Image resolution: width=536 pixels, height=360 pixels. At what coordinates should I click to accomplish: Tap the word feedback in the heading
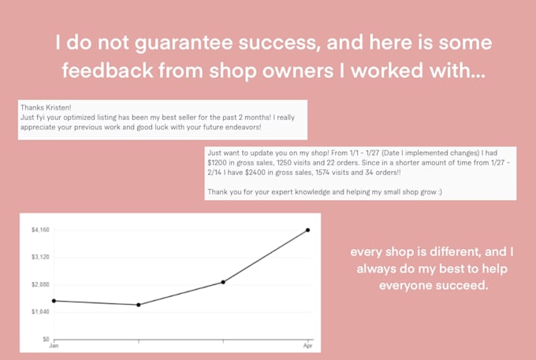pos(107,70)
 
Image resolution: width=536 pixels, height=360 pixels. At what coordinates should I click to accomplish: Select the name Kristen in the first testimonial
pos(58,108)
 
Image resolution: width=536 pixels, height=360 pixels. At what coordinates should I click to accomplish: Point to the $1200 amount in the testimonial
pos(217,162)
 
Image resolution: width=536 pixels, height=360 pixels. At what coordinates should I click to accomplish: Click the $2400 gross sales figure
pos(255,173)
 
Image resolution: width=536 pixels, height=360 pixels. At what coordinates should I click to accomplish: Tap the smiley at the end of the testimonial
pos(439,192)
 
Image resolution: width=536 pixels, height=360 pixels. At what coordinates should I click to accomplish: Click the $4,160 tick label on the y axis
pos(40,230)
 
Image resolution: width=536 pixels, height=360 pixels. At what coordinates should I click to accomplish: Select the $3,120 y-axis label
pos(40,257)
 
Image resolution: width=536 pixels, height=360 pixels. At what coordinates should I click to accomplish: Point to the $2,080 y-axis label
pos(40,284)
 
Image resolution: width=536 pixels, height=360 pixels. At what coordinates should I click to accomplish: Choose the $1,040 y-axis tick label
pos(40,312)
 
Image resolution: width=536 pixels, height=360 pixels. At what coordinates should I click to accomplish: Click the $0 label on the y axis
pos(46,340)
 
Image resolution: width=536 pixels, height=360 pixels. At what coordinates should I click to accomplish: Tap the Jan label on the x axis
pos(54,346)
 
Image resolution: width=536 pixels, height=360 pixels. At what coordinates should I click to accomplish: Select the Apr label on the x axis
pos(308,346)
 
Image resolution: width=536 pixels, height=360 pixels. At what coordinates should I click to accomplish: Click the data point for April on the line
pos(307,230)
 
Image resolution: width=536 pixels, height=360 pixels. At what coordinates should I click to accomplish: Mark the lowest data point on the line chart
pos(139,305)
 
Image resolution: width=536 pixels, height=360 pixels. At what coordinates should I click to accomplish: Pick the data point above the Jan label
pos(54,301)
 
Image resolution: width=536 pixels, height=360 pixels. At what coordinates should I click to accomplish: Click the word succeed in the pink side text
pos(461,285)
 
